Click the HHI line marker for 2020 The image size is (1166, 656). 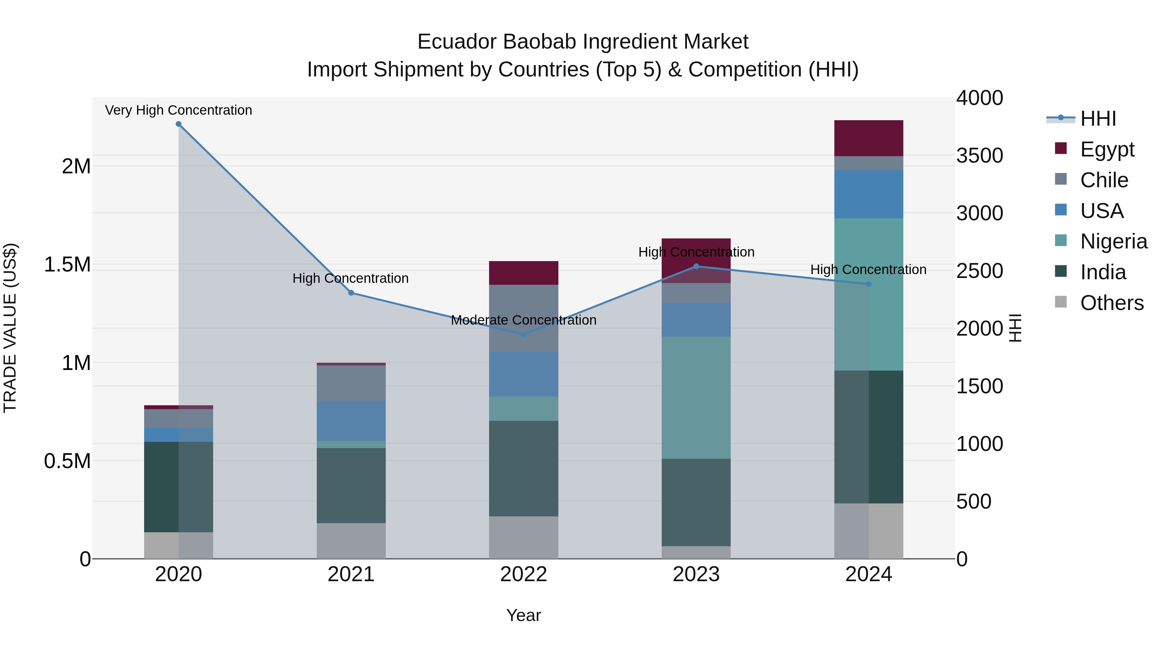pyautogui.click(x=178, y=124)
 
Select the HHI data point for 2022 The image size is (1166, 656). pyautogui.click(x=524, y=335)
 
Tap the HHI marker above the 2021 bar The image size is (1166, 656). pyautogui.click(x=351, y=293)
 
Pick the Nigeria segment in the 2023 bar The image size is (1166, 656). pyautogui.click(x=696, y=397)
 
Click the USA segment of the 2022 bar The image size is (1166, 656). pyautogui.click(x=524, y=374)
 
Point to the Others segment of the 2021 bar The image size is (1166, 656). pyautogui.click(x=351, y=541)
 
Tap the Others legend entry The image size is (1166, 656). pyautogui.click(x=1111, y=303)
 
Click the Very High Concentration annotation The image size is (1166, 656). pyautogui.click(x=178, y=110)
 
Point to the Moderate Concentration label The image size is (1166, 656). pyautogui.click(x=524, y=320)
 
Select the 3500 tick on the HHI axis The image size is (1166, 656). pyautogui.click(x=979, y=156)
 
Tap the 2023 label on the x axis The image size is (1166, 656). pyautogui.click(x=696, y=574)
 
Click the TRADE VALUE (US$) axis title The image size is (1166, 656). pyautogui.click(x=10, y=328)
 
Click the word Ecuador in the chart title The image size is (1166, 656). pyautogui.click(x=457, y=42)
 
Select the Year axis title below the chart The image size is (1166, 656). pyautogui.click(x=523, y=615)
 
